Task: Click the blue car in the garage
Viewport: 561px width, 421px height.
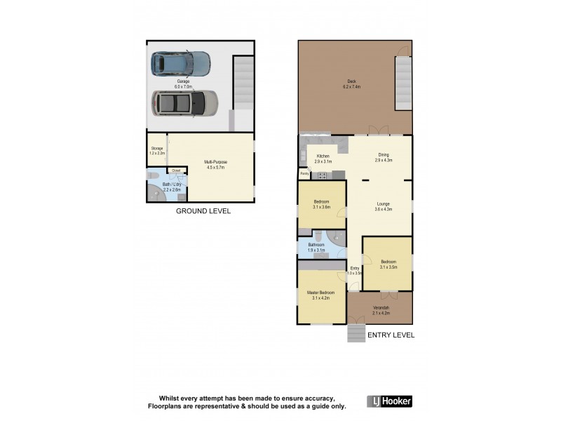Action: pyautogui.click(x=181, y=64)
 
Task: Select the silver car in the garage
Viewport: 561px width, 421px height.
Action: pyautogui.click(x=184, y=104)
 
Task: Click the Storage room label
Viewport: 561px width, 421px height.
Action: pyautogui.click(x=157, y=150)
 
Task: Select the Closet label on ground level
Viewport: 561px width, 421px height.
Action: pyautogui.click(x=176, y=171)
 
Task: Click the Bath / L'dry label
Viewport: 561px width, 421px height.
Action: pyautogui.click(x=172, y=187)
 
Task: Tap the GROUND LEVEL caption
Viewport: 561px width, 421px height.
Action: pyautogui.click(x=203, y=211)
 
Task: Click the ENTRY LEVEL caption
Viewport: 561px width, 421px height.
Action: pyautogui.click(x=391, y=335)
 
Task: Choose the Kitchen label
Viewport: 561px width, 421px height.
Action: pyautogui.click(x=323, y=159)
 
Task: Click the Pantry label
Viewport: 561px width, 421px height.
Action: pyautogui.click(x=304, y=173)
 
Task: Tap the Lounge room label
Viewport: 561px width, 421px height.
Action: pyautogui.click(x=383, y=207)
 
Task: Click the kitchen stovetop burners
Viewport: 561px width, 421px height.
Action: pyautogui.click(x=337, y=174)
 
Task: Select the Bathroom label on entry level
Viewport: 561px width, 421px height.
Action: pyautogui.click(x=317, y=247)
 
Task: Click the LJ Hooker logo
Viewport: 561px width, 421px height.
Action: pyautogui.click(x=390, y=401)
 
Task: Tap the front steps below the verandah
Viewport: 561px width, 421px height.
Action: pyautogui.click(x=356, y=333)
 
